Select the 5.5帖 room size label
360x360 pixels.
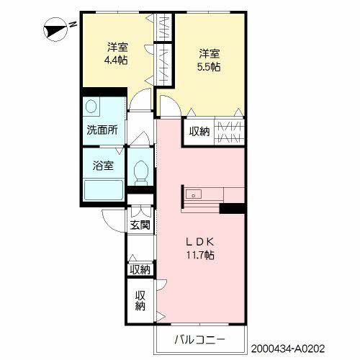point(209,66)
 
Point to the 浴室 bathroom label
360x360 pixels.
point(102,166)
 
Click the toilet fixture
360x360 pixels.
point(141,172)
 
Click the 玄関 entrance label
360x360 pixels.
point(140,225)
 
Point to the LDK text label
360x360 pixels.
point(202,241)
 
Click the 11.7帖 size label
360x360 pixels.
point(202,255)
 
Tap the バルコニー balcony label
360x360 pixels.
point(200,339)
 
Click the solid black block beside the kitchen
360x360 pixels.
point(233,209)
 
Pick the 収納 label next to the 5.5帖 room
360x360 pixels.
point(199,131)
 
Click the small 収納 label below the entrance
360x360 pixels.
point(140,269)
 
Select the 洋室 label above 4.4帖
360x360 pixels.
point(117,48)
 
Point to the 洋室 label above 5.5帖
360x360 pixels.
point(209,53)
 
